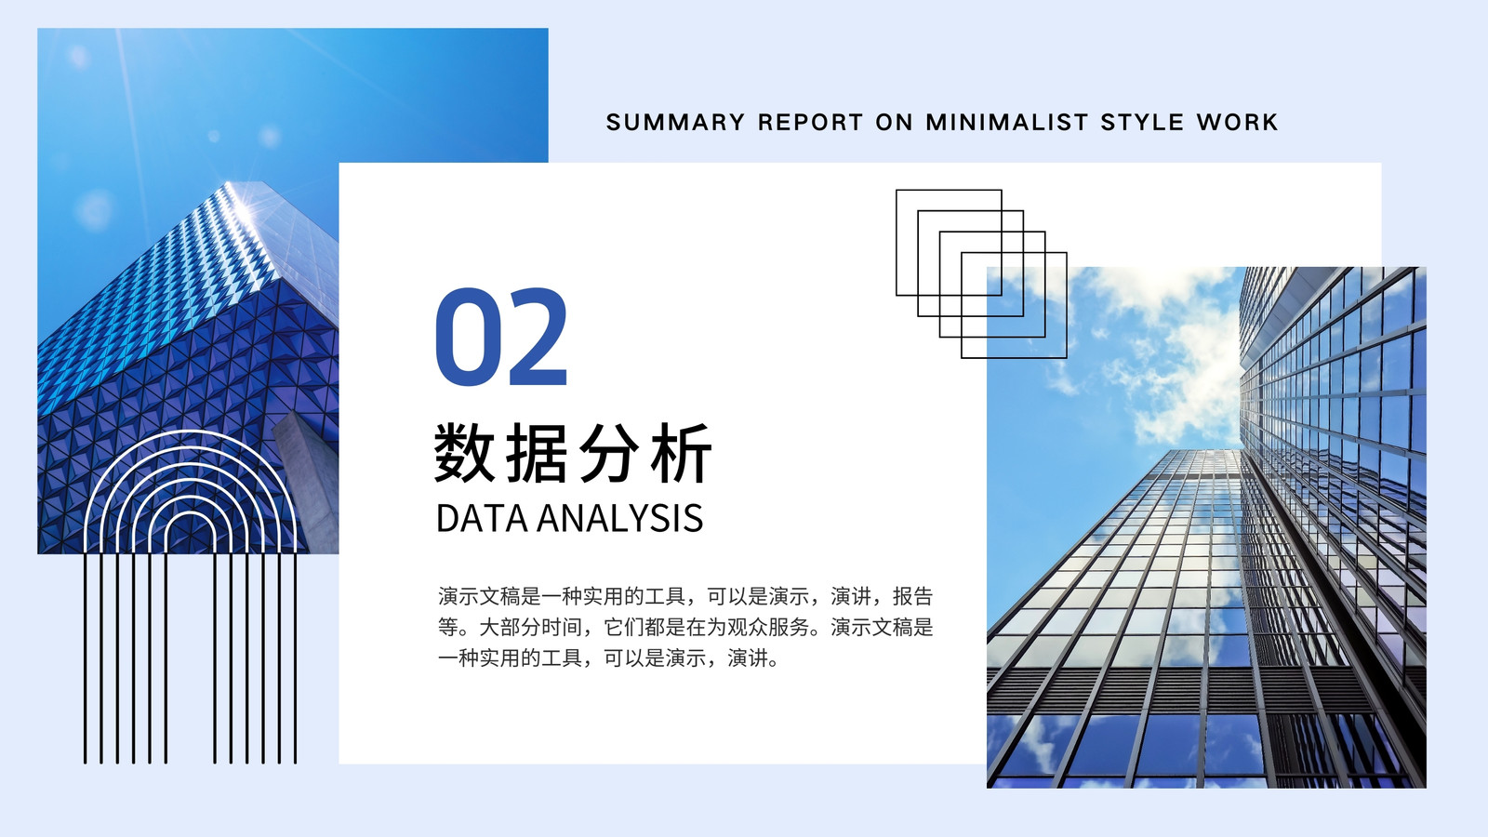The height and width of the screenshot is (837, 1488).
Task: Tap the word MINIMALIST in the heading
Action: click(1007, 122)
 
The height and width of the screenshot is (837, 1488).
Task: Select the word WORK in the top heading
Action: click(1238, 122)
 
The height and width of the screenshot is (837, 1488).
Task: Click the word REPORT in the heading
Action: click(810, 122)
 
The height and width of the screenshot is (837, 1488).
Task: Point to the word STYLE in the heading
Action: click(1142, 122)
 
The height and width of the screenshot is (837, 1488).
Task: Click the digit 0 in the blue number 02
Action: click(466, 336)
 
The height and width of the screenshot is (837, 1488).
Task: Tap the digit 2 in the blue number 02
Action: click(536, 336)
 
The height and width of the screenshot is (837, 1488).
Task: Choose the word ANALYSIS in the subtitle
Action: click(619, 518)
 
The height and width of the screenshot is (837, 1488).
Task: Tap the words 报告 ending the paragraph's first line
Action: click(912, 596)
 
